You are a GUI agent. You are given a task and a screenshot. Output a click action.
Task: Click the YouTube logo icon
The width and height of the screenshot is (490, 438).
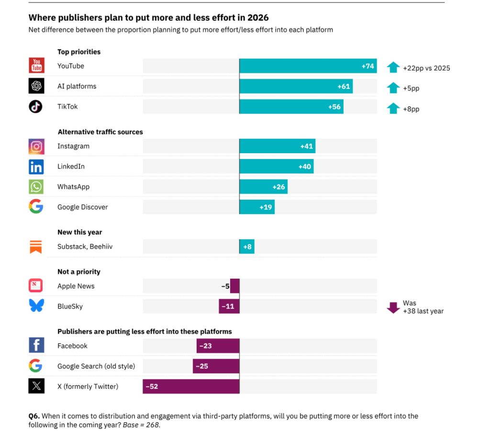point(36,66)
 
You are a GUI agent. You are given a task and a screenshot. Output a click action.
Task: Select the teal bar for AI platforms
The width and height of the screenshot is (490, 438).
point(296,87)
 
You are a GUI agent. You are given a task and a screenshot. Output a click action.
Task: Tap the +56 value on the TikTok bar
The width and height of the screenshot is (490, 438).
point(334,107)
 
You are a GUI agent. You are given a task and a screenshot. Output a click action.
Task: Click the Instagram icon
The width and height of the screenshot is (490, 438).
point(36,146)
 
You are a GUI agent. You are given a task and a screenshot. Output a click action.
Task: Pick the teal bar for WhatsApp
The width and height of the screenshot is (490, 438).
point(263,187)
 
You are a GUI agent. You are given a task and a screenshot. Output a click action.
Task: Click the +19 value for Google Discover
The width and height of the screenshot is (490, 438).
point(266,207)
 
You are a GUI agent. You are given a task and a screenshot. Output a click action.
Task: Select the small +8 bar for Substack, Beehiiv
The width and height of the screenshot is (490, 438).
point(247,247)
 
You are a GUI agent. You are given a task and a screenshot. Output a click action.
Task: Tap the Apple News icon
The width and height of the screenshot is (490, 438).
point(36,286)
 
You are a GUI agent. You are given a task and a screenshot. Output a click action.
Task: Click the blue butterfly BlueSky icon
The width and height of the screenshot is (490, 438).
point(36,306)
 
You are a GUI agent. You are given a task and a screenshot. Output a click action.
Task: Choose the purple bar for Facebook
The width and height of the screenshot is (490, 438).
point(218,346)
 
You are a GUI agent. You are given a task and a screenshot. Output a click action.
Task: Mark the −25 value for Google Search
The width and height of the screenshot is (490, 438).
point(204,366)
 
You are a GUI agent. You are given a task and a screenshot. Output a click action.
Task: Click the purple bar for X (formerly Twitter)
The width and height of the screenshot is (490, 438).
point(191,386)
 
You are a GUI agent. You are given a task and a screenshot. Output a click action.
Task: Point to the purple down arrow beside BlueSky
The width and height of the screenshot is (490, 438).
point(393,308)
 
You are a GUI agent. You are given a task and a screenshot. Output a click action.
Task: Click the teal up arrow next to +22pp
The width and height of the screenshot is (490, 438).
point(393,67)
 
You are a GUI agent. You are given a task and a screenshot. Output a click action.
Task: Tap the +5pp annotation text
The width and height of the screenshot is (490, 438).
point(411,89)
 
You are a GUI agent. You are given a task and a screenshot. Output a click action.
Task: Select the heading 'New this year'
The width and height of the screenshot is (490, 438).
point(79,232)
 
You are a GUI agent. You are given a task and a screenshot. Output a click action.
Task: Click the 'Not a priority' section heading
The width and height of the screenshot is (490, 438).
point(79,271)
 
